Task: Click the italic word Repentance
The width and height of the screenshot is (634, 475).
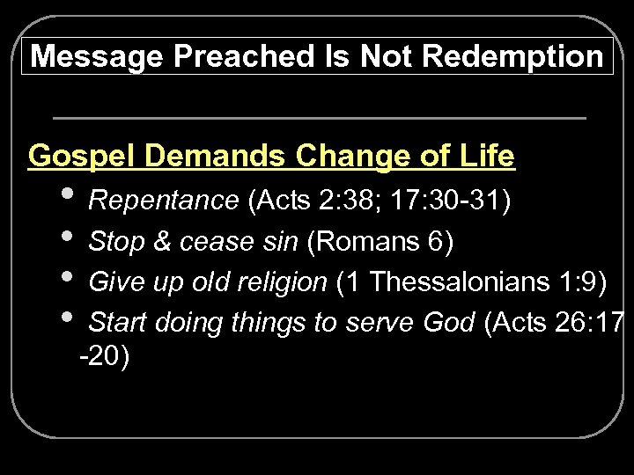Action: pos(164,201)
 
